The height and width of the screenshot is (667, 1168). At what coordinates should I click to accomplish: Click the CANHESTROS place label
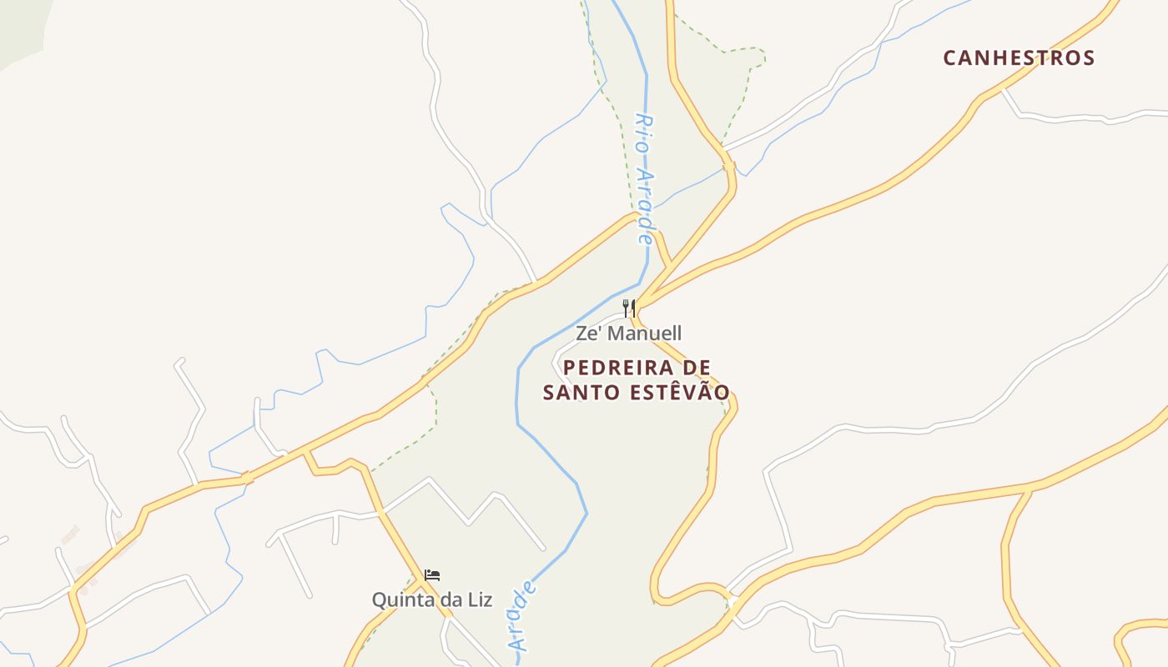[1019, 58]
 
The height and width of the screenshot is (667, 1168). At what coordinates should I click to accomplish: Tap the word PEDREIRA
[618, 368]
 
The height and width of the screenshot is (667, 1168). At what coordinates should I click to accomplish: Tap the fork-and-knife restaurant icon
[629, 308]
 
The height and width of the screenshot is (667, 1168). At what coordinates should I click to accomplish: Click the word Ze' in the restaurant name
[587, 333]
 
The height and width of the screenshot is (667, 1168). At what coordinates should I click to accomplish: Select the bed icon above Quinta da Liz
[432, 575]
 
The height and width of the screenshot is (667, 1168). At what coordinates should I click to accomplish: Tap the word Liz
[479, 599]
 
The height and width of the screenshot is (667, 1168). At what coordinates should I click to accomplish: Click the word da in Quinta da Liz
[450, 599]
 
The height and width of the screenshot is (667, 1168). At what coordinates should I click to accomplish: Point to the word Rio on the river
[642, 133]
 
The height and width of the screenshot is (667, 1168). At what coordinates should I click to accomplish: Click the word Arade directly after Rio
[645, 204]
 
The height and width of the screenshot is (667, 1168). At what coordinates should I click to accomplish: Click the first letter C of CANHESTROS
[950, 58]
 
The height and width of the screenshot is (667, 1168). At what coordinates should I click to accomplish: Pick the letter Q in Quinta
[379, 599]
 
